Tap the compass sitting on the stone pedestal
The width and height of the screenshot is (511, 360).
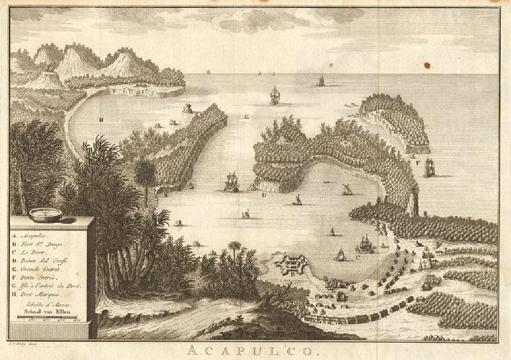(45, 215)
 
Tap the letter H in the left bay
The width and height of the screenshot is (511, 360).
(100, 119)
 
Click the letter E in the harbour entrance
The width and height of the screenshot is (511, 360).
(247, 117)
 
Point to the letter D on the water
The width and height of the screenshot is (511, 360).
(264, 195)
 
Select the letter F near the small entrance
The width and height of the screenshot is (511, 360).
(418, 163)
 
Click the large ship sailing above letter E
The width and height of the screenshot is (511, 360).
(275, 95)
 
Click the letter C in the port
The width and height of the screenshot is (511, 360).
(357, 256)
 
